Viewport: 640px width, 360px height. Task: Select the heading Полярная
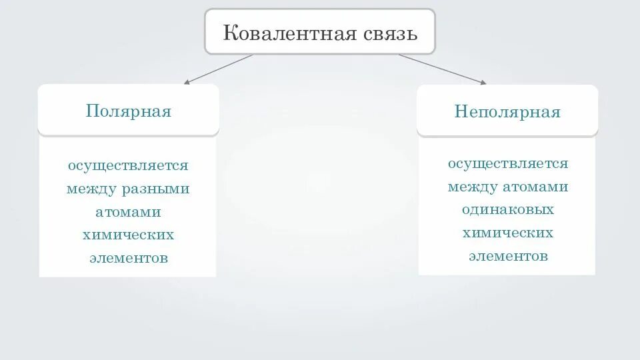(129, 111)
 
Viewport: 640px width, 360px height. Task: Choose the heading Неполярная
(507, 111)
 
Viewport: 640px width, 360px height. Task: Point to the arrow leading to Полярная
(219, 69)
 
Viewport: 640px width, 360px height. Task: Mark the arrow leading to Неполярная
(441, 69)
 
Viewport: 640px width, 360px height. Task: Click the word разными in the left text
(155, 189)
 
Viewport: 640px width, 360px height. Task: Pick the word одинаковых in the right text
(508, 209)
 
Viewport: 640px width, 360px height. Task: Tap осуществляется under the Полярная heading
(128, 165)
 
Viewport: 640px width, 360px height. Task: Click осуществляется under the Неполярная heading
(508, 163)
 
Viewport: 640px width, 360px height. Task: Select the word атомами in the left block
(128, 212)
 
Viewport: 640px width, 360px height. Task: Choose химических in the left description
(128, 235)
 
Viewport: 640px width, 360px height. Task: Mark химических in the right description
(508, 233)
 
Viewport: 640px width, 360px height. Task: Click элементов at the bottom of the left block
(128, 258)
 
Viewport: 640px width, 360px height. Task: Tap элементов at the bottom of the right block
(508, 256)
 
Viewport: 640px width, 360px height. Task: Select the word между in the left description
(91, 189)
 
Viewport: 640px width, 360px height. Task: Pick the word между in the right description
(473, 187)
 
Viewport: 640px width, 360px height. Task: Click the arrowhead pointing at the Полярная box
(187, 83)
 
